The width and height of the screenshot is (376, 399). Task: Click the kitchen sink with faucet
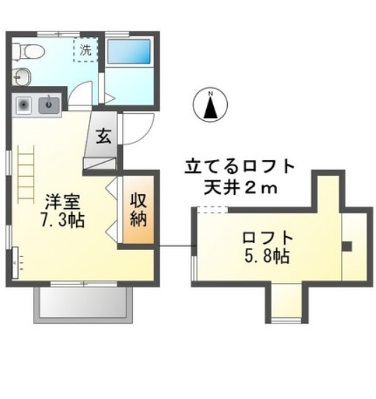click(50, 106)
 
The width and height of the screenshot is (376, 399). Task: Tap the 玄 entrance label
click(103, 136)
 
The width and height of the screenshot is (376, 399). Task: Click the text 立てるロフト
click(238, 168)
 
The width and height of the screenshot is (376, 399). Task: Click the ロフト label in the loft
click(263, 236)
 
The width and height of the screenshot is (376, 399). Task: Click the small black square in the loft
click(347, 245)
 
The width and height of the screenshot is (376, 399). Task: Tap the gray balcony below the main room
click(81, 301)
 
